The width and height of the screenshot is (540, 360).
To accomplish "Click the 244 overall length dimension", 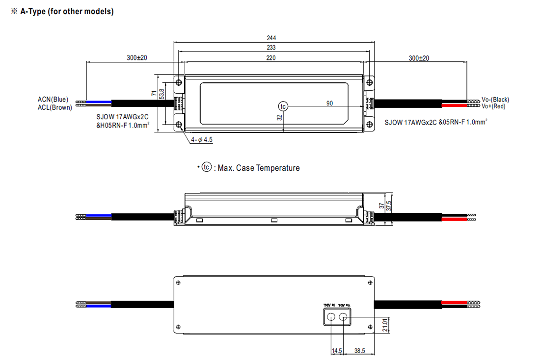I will pyautogui.click(x=271, y=38).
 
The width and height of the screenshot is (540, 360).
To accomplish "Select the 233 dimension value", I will pyautogui.click(x=271, y=48).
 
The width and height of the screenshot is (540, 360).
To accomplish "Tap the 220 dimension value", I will pyautogui.click(x=271, y=58).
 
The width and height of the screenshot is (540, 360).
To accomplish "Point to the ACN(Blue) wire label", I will pyautogui.click(x=53, y=100).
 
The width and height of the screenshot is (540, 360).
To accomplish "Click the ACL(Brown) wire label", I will pyautogui.click(x=55, y=107).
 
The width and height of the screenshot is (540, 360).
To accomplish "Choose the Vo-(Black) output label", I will pyautogui.click(x=495, y=100).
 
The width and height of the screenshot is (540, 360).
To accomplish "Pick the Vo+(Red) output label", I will pyautogui.click(x=493, y=106).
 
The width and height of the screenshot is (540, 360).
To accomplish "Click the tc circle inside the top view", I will pyautogui.click(x=283, y=106).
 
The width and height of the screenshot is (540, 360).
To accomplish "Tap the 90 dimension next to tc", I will pyautogui.click(x=329, y=103).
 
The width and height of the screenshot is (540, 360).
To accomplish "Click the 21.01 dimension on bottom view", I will pyautogui.click(x=385, y=324).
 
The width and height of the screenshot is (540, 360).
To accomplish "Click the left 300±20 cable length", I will pyautogui.click(x=137, y=58).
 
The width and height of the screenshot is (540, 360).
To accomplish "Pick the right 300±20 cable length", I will pyautogui.click(x=419, y=58).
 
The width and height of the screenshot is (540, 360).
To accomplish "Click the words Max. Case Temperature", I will pyautogui.click(x=258, y=168).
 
